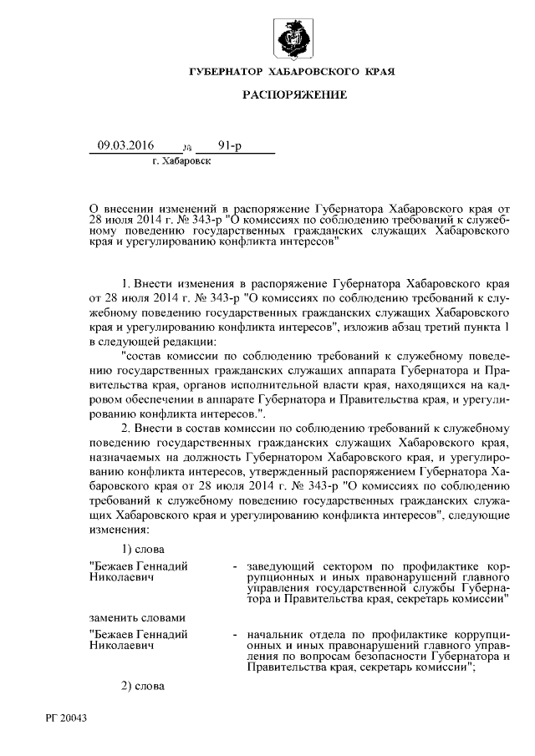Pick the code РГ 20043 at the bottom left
67,719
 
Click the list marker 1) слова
141,549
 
